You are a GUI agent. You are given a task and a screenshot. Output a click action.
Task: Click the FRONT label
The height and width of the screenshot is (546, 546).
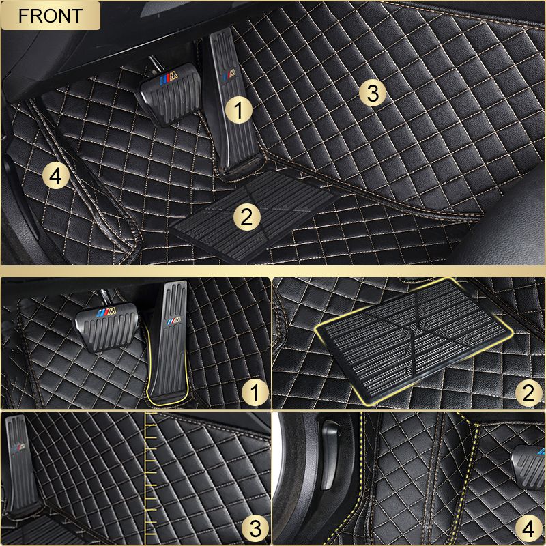pos(51,16)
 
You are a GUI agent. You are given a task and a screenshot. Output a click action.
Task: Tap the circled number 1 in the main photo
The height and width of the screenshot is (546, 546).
pos(239,109)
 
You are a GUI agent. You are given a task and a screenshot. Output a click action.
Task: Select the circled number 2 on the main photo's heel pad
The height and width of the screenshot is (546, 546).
pos(247,217)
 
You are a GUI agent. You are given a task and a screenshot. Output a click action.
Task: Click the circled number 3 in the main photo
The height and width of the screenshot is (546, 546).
pos(372,94)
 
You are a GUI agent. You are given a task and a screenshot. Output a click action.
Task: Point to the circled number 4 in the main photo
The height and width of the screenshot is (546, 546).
pos(56,177)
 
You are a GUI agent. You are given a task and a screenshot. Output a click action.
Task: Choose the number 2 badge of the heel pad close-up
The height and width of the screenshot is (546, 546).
pos(527,392)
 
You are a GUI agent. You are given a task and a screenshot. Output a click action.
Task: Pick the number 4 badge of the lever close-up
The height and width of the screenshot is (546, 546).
pos(527,527)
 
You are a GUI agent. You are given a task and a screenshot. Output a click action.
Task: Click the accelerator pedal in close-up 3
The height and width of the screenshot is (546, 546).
pos(18,464)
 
